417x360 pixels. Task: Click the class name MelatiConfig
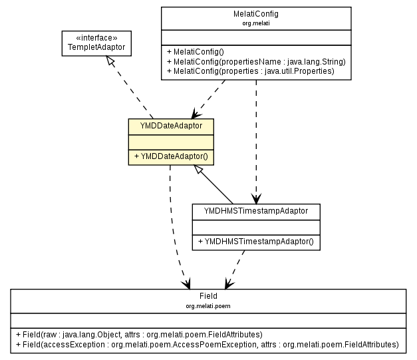(x=256, y=13)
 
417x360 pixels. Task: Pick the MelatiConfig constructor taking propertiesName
(x=255, y=61)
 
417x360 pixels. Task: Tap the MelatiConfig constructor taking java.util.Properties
(x=250, y=71)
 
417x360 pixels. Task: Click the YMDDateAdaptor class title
(x=171, y=125)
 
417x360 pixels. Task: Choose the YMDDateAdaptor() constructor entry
(x=171, y=157)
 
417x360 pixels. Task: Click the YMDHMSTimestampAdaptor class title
(x=256, y=210)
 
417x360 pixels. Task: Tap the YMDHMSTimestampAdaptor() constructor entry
(x=256, y=242)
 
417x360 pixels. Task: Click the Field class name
(x=208, y=295)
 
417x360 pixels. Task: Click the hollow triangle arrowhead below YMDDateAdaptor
(x=198, y=170)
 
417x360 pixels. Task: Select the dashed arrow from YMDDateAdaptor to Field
(x=175, y=226)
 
